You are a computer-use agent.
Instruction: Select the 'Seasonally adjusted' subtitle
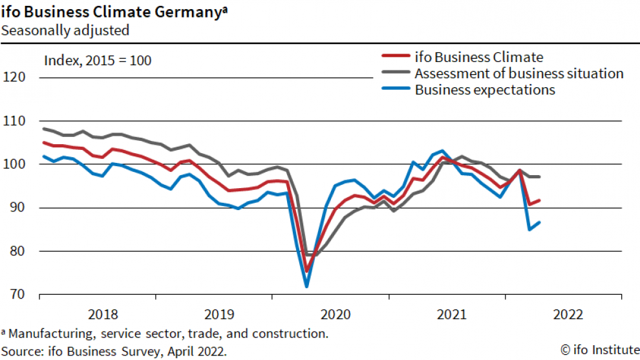pos(65,30)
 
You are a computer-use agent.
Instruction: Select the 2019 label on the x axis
pos(219,315)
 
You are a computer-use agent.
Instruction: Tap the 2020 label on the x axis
pos(336,315)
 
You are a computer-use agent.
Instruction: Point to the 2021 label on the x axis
pos(452,315)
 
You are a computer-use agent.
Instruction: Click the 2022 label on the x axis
pos(568,315)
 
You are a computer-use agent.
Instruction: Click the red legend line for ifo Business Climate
pos(394,58)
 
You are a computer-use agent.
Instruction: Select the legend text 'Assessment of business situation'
pos(519,73)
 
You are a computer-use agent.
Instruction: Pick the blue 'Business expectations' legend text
pos(485,90)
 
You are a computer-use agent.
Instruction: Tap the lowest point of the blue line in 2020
pos(306,286)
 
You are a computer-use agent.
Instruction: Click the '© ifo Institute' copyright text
pos(598,350)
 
